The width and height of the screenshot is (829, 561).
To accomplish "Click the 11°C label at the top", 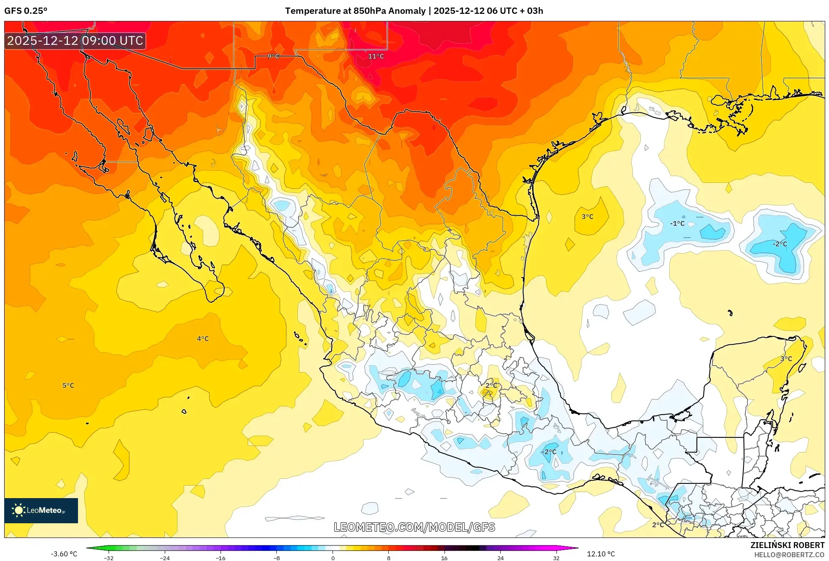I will (x=376, y=56).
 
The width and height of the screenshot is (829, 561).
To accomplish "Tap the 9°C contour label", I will (x=273, y=56).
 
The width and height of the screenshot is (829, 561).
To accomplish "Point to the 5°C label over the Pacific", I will (x=68, y=385).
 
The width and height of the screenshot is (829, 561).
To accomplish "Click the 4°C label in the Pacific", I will (x=203, y=338).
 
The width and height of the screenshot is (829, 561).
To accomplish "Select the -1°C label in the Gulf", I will (x=677, y=223).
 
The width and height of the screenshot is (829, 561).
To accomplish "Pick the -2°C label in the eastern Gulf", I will (x=780, y=244).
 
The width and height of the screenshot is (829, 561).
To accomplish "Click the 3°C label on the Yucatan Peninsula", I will (x=786, y=358).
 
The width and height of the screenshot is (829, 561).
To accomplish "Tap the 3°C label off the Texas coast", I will (x=587, y=216).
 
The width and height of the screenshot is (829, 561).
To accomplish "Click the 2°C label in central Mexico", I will (x=491, y=385).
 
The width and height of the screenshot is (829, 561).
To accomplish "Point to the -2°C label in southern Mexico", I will (x=549, y=452).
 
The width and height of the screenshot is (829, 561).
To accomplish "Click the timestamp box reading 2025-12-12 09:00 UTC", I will (x=75, y=41).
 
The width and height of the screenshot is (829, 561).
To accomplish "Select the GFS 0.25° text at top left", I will (x=26, y=11).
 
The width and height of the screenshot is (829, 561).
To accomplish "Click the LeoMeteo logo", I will (x=41, y=510).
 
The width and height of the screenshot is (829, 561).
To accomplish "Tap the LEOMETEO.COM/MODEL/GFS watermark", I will (x=414, y=527).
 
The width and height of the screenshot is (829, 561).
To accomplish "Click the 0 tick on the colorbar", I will (x=333, y=558).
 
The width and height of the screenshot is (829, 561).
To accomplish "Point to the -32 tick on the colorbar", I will (x=109, y=558).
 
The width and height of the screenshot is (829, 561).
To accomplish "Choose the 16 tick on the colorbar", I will (x=444, y=558).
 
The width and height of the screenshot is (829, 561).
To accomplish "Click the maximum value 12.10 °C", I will (x=600, y=554).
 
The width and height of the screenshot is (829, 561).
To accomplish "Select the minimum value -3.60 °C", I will (x=64, y=554).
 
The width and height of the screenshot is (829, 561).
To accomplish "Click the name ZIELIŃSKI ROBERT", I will (x=787, y=545).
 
